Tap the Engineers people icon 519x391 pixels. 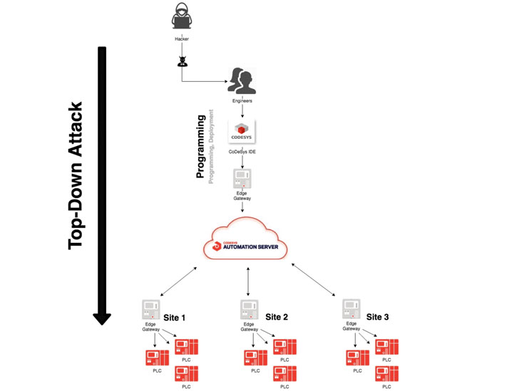coord(242,81)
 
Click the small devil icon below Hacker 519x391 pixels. coord(183,60)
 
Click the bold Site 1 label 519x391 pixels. coord(174,318)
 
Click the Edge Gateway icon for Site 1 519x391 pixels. coord(151,310)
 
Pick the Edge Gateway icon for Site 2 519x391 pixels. coord(249,310)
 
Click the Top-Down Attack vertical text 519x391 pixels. coord(76,175)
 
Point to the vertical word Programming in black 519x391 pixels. coord(201,149)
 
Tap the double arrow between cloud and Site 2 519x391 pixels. coord(248,280)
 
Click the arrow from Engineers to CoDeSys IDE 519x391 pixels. coord(242,112)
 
